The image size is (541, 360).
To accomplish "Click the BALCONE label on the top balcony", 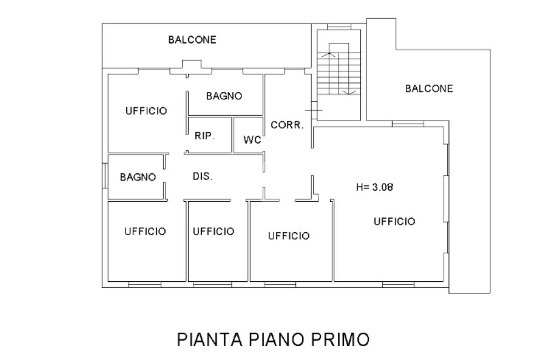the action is (x=192, y=40).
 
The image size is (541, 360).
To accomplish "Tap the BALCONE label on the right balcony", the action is (x=429, y=89).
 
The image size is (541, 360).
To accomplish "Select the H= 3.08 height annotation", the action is (x=375, y=187).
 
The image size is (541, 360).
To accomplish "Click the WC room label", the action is (x=252, y=140).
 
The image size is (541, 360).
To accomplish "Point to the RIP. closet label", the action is (x=204, y=136).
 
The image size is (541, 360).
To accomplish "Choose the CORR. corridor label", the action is (x=287, y=125).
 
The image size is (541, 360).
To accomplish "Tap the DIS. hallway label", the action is (x=202, y=176).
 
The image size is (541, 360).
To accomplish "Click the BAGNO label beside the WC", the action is (x=224, y=96).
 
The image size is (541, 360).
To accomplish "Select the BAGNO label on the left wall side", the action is (x=138, y=177).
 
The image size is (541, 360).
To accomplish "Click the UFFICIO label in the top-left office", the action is (x=146, y=111).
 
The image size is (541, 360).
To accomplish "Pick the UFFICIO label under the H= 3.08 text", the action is (x=394, y=221).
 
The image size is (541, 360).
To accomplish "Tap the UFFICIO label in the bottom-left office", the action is (x=145, y=231).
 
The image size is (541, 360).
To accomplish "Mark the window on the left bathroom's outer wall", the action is (x=105, y=176).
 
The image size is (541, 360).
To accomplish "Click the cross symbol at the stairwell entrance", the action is (x=314, y=110).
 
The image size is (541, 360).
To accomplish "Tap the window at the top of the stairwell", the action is (x=339, y=26).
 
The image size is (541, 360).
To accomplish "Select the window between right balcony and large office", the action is (x=408, y=124).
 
